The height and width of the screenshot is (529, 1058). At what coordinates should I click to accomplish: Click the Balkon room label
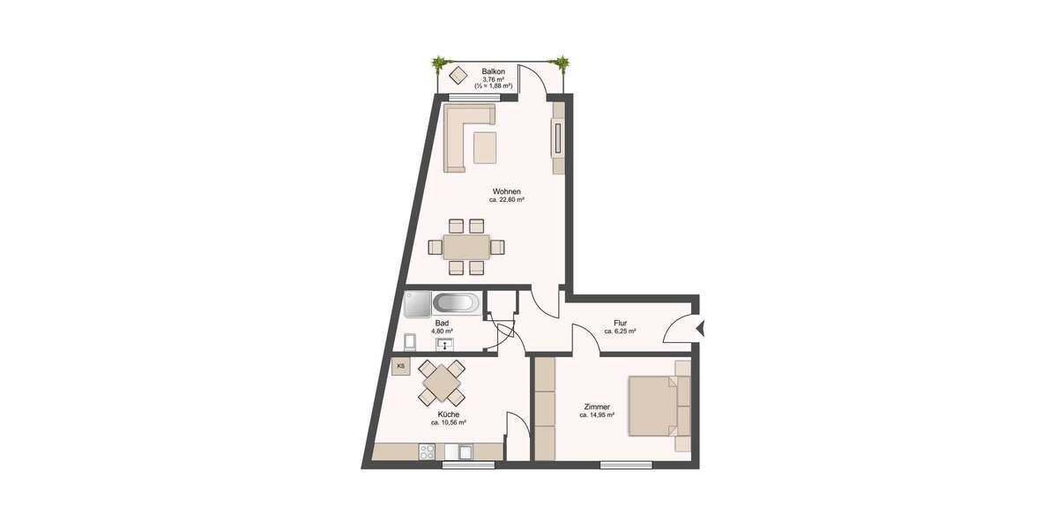pos(493,71)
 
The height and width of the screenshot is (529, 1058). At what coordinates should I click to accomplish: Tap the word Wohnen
pos(506,191)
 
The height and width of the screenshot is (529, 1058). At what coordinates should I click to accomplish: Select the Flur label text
pos(620,323)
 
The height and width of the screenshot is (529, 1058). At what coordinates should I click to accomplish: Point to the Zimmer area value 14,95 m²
pos(599,414)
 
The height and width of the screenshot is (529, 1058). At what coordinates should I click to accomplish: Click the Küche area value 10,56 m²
pos(448,423)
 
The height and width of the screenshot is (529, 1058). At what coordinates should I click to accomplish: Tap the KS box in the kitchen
pos(401,366)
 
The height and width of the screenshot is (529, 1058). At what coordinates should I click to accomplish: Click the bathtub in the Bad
pos(457,303)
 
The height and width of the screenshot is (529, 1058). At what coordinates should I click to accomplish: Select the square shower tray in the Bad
pos(416,304)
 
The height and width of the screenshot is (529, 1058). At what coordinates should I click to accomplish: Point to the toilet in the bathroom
pos(409,341)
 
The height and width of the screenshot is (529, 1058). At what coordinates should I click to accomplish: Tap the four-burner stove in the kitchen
pos(427,451)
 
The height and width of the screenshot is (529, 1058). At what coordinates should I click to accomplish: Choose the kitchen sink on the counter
pos(462,451)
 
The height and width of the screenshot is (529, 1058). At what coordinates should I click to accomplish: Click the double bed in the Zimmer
pos(658,406)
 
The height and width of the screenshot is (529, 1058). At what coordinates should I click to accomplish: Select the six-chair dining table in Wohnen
pos(466,246)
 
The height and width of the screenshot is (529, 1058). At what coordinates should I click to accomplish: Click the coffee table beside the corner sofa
pos(485,147)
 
